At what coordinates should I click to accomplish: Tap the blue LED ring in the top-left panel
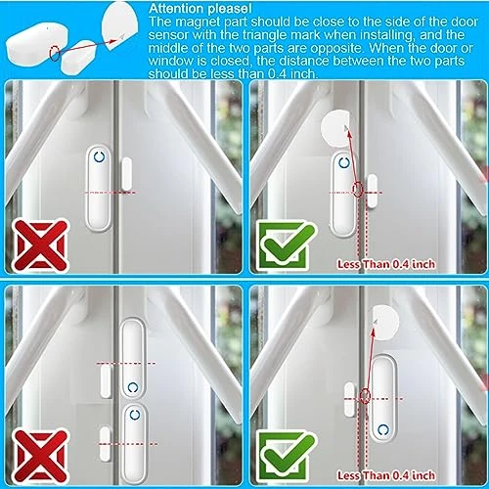click(98, 156)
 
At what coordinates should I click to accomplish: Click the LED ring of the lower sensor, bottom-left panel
click(130, 414)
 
